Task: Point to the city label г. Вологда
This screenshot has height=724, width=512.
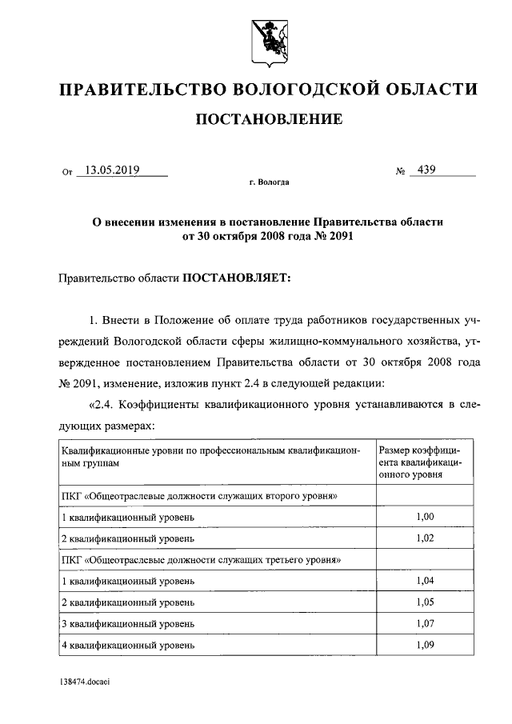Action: (x=269, y=182)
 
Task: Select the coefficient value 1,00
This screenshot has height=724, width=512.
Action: (x=426, y=517)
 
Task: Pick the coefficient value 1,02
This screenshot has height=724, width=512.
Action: (x=426, y=538)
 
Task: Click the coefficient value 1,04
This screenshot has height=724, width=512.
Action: (x=426, y=580)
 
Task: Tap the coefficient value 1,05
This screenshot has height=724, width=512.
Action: (x=426, y=601)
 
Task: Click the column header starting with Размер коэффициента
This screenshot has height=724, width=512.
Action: (x=424, y=462)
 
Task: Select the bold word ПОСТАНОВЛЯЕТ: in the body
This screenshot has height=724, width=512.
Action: (x=238, y=278)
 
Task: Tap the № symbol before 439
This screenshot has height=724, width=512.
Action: (x=401, y=171)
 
